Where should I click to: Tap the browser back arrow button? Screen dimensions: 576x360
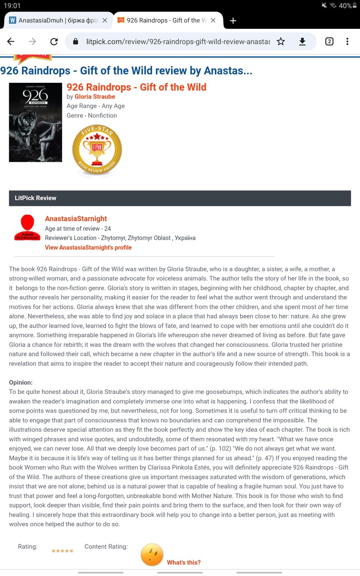tap(11, 42)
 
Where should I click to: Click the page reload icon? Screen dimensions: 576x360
tap(54, 42)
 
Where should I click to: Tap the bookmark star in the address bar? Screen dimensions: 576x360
tap(281, 42)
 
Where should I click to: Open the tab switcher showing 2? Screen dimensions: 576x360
tap(329, 42)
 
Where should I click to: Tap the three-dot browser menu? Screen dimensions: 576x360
tap(347, 42)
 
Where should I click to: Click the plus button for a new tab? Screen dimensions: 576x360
tap(233, 21)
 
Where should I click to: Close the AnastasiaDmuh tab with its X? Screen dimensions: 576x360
tap(105, 20)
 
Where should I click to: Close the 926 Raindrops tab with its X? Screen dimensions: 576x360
tap(213, 20)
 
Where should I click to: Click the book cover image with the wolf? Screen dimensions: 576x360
tap(35, 122)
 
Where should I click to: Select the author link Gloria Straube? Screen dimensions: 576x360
tap(95, 97)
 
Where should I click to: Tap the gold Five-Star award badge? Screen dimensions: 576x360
tap(97, 150)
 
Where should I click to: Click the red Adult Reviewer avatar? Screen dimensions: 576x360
tap(27, 228)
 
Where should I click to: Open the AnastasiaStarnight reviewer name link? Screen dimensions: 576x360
tap(76, 219)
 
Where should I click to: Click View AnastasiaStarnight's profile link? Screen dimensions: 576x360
tap(88, 248)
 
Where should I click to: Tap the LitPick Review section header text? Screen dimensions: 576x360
tap(35, 198)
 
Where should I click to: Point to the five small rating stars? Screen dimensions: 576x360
tap(62, 551)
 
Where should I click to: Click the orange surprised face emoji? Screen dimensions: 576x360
tap(152, 555)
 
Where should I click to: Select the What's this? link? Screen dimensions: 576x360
tap(184, 563)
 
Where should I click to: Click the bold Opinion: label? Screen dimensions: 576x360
tap(21, 382)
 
